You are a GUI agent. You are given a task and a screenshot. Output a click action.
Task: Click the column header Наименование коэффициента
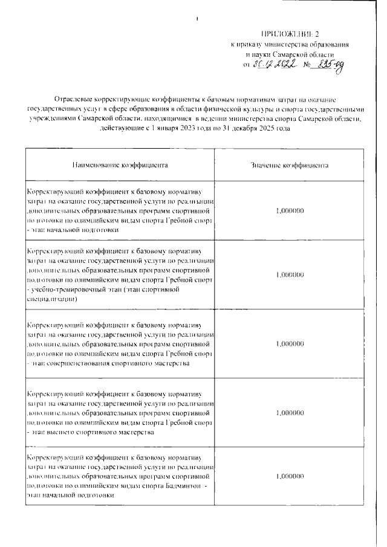120,164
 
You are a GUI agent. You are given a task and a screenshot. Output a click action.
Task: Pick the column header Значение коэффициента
289,164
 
